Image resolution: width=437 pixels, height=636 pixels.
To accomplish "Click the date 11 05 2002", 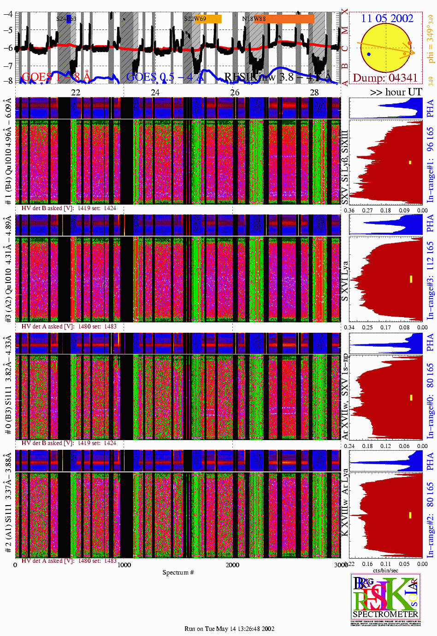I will pyautogui.click(x=387, y=18).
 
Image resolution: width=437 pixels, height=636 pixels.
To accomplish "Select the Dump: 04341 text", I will pyautogui.click(x=385, y=78).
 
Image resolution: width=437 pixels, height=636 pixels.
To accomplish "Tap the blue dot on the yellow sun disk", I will pyautogui.click(x=369, y=54).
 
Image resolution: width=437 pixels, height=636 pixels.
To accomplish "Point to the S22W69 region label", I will pyautogui.click(x=195, y=19).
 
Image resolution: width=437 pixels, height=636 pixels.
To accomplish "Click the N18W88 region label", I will pyautogui.click(x=254, y=19).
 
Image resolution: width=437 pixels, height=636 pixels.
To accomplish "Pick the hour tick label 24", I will pyautogui.click(x=155, y=93).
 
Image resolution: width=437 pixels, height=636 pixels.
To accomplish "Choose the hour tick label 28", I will pyautogui.click(x=314, y=93).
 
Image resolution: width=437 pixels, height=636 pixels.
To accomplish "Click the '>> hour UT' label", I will pyautogui.click(x=396, y=92).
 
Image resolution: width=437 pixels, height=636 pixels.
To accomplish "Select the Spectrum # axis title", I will pyautogui.click(x=178, y=572).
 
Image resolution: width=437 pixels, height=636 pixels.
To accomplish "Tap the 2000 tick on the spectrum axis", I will pyautogui.click(x=232, y=565).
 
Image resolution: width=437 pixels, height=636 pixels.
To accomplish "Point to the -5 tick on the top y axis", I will pyautogui.click(x=8, y=30).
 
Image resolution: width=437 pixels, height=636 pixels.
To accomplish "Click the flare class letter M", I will pyautogui.click(x=345, y=30).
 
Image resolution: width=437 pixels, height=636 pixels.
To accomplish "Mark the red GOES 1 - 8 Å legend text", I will pyautogui.click(x=56, y=77).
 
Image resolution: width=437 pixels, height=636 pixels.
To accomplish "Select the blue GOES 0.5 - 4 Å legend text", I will pyautogui.click(x=165, y=77).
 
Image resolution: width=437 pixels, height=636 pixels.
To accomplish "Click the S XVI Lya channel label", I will pyautogui.click(x=345, y=281).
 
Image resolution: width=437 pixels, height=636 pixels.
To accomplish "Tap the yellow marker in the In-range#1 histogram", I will pyautogui.click(x=410, y=162).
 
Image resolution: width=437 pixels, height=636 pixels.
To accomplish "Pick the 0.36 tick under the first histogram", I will pyautogui.click(x=349, y=211).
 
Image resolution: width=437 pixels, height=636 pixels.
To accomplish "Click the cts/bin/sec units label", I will pyautogui.click(x=385, y=570).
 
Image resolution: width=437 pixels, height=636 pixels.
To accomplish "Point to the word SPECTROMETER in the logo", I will pyautogui.click(x=385, y=614).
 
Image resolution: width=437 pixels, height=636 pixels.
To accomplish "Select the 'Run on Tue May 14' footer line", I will pyautogui.click(x=229, y=629).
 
